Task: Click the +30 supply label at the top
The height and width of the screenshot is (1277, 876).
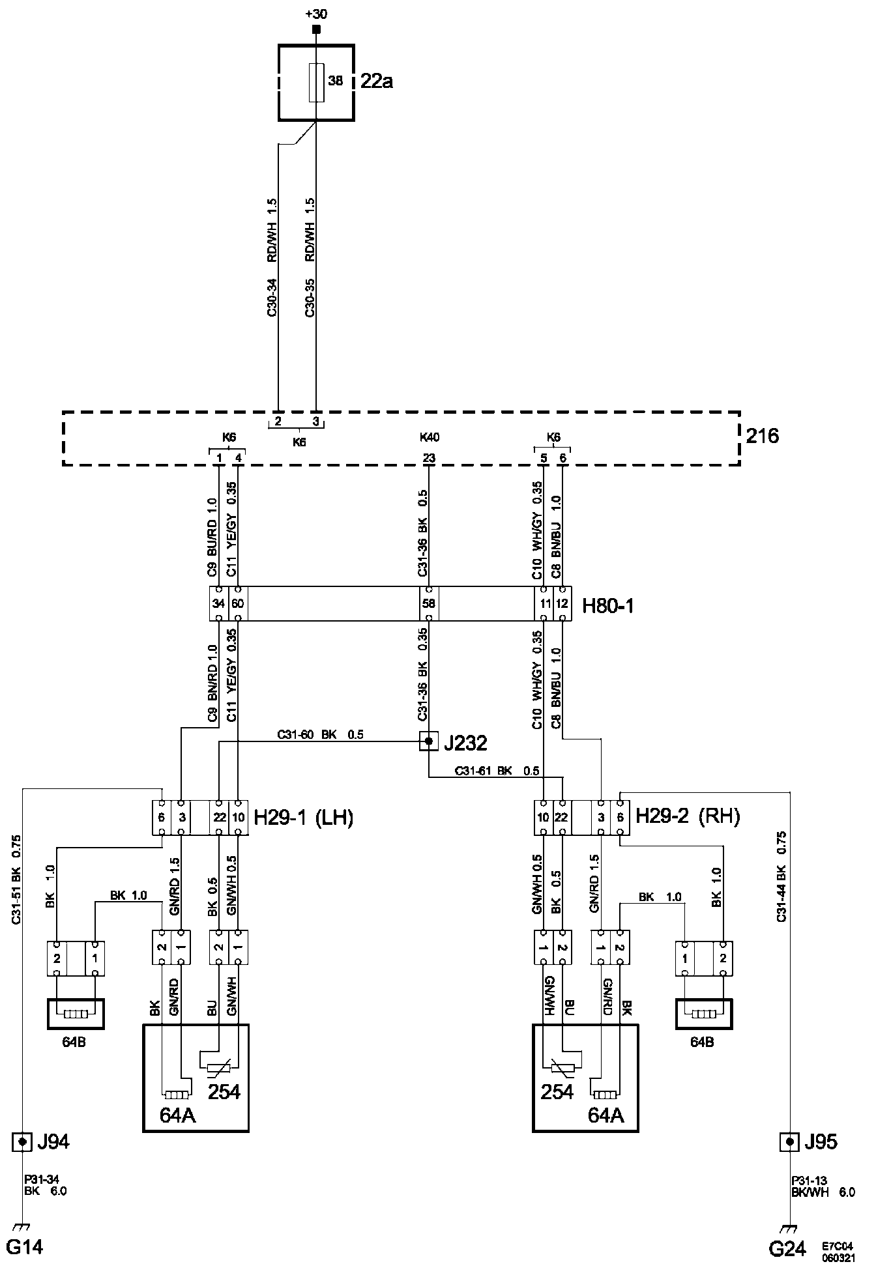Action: tap(316, 13)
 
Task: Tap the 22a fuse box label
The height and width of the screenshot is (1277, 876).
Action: tap(377, 82)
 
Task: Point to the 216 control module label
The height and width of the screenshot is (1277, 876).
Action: tap(762, 435)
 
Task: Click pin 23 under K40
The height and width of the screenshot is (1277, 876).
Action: tap(428, 459)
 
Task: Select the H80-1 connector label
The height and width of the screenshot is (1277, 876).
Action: tap(607, 606)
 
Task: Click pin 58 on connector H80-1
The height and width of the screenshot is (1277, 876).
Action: tap(428, 603)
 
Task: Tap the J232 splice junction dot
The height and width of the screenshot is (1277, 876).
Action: tap(428, 741)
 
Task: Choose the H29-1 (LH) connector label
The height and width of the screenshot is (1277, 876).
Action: tap(303, 817)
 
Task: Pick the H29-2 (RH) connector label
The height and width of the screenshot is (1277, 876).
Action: tap(688, 817)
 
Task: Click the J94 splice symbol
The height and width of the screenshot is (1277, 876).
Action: tap(22, 1142)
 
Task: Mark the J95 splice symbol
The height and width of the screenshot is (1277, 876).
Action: tap(790, 1142)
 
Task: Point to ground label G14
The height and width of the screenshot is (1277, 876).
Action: tap(25, 1247)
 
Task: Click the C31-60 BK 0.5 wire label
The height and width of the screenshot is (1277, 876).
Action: tap(320, 735)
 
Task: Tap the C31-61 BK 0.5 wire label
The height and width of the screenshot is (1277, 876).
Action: tap(497, 771)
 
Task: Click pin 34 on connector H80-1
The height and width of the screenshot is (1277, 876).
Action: tap(218, 603)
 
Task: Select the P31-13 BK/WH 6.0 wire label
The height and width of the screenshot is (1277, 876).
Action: tap(823, 1186)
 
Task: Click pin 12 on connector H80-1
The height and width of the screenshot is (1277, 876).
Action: tap(562, 603)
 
